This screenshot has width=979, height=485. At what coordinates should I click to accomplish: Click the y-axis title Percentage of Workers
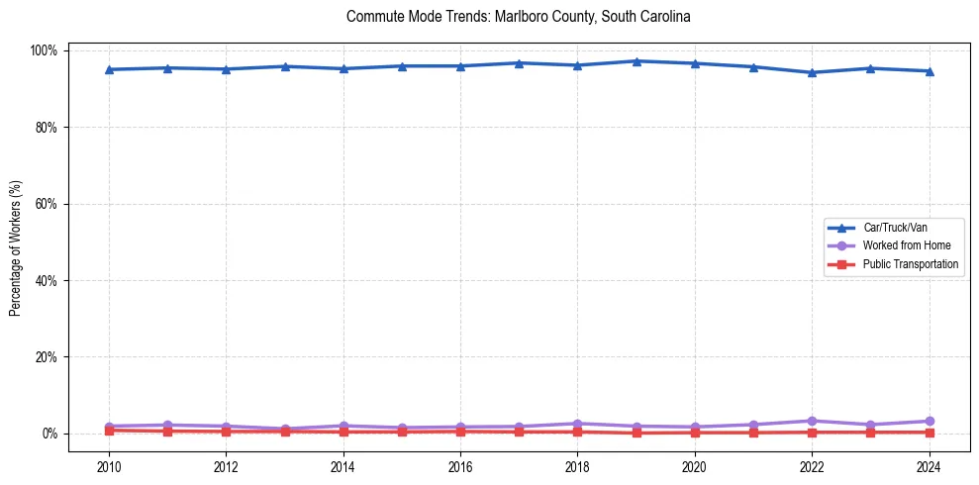[16, 242]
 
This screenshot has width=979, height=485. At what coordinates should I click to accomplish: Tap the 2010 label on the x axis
[109, 466]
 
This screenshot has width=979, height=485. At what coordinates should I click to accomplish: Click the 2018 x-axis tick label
[577, 466]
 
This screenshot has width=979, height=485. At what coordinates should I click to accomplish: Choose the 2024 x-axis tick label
[929, 466]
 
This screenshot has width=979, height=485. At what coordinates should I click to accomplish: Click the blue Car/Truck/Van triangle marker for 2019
[636, 61]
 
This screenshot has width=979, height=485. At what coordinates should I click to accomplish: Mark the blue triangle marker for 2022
[812, 72]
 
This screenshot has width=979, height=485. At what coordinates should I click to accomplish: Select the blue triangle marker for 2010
[109, 69]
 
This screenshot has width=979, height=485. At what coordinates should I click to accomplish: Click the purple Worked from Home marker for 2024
[929, 422]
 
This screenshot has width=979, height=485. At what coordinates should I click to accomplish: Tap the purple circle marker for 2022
[812, 421]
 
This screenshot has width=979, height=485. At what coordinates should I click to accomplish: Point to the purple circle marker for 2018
[577, 424]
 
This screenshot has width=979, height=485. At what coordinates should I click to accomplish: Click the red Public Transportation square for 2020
[695, 433]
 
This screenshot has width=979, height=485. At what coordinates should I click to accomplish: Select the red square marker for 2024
[929, 433]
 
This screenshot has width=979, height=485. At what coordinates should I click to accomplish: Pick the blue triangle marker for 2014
[343, 68]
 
